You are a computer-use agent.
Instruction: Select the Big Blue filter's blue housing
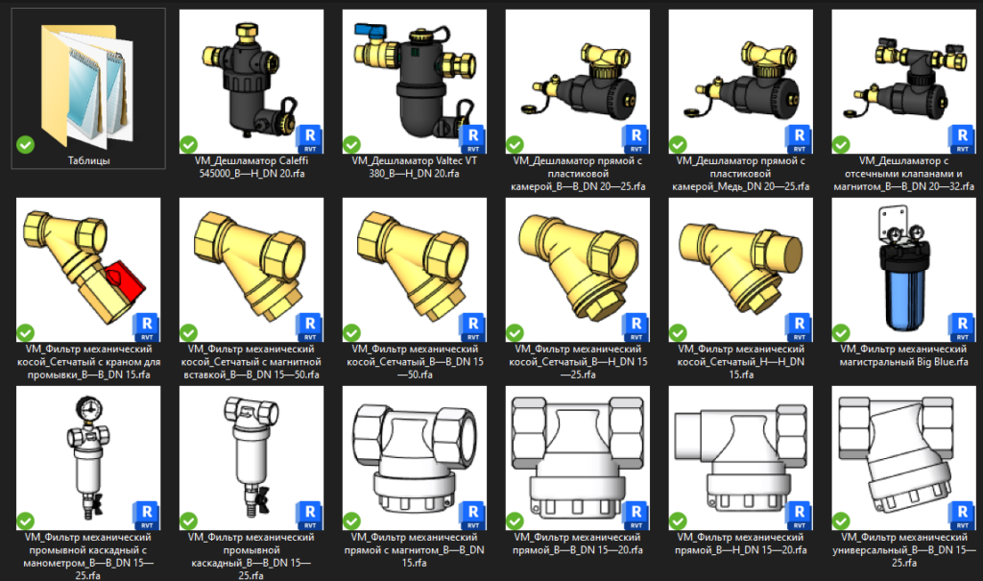coord(903,294)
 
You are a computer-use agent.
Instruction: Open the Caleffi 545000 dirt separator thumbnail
coord(252,82)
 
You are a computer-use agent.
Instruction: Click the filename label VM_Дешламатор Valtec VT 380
coord(415,167)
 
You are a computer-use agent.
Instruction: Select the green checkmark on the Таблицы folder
coord(25,145)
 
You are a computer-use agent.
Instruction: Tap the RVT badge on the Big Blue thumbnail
coord(962,327)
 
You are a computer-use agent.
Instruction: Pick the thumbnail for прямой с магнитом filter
coord(415,458)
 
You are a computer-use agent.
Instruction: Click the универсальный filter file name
coord(903,549)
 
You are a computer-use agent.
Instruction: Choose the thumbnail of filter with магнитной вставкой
coord(252,270)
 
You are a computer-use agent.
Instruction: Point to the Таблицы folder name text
coord(88,160)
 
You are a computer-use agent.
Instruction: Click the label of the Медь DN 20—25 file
coord(740,173)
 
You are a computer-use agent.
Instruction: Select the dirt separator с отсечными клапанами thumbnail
coord(903,82)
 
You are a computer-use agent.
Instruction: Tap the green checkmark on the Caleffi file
coord(188,145)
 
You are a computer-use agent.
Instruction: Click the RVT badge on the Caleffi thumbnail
coord(310,138)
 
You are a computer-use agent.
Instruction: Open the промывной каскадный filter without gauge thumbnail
coord(252,458)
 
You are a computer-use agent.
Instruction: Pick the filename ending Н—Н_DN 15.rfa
coord(740,361)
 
